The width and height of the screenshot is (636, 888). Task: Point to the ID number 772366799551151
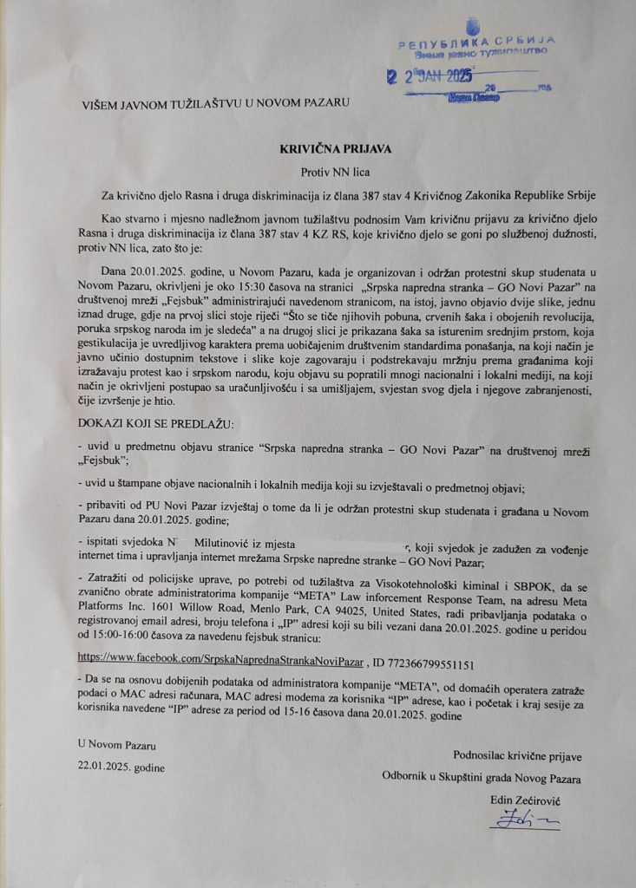click(x=423, y=663)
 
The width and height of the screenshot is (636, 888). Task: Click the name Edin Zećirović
click(x=521, y=797)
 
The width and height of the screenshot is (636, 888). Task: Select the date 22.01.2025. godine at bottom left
click(x=121, y=767)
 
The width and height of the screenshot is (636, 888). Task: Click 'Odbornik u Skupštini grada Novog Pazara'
click(x=481, y=778)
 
